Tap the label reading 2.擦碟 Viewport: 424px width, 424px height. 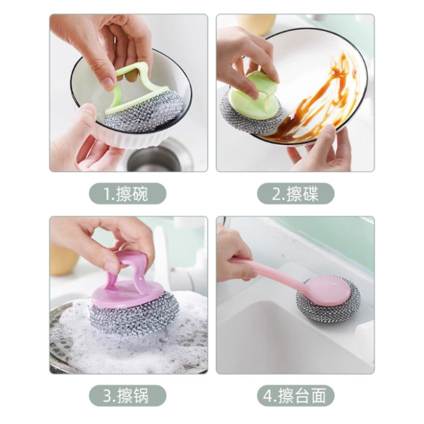(296, 194)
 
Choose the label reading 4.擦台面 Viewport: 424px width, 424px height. (296, 396)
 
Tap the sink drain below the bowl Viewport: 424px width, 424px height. (154, 159)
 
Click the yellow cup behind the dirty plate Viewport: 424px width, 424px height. (256, 24)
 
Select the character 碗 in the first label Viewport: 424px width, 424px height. (140, 194)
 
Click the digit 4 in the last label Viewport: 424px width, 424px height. (268, 396)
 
